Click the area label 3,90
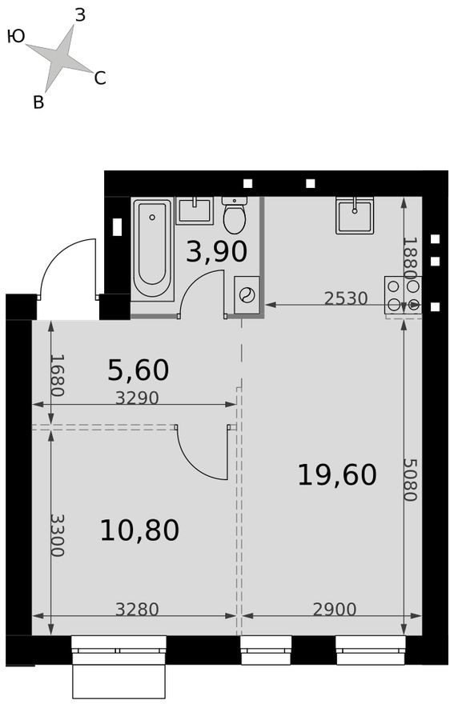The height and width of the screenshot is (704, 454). tap(216, 252)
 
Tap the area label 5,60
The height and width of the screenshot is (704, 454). tap(138, 370)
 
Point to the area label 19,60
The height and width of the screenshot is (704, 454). tap(336, 475)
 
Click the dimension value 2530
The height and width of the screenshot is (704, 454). tap(345, 298)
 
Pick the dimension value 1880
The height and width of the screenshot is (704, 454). tap(409, 258)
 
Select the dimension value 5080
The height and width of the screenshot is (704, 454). tap(409, 479)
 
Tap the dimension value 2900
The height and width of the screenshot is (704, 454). tap(333, 610)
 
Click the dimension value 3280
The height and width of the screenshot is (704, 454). tap(137, 610)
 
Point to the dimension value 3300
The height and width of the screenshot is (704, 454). tap(57, 534)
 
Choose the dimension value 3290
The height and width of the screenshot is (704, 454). tap(137, 398)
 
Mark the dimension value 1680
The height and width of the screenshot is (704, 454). tap(57, 375)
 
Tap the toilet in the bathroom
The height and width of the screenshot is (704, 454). tap(234, 216)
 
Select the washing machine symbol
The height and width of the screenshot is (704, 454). tap(247, 294)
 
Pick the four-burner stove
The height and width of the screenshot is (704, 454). tap(402, 294)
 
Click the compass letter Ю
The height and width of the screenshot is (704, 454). tap(15, 36)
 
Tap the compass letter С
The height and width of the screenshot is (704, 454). tap(100, 78)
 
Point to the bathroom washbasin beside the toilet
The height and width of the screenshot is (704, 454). tap(194, 211)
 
